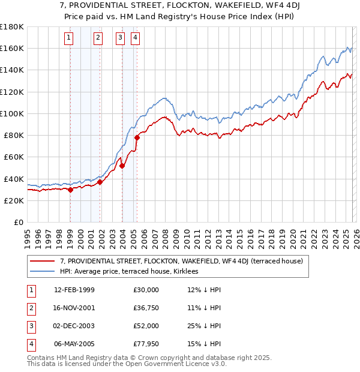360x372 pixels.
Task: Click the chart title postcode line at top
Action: pos(180,6)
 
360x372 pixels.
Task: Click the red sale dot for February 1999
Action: pos(70,190)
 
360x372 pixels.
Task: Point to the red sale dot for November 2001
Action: pos(100,182)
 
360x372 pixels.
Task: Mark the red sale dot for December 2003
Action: pos(122,166)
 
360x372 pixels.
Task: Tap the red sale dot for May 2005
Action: pos(137,138)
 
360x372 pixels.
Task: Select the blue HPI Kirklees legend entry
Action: pos(133,271)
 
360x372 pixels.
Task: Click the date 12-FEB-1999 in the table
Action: pos(74,290)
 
